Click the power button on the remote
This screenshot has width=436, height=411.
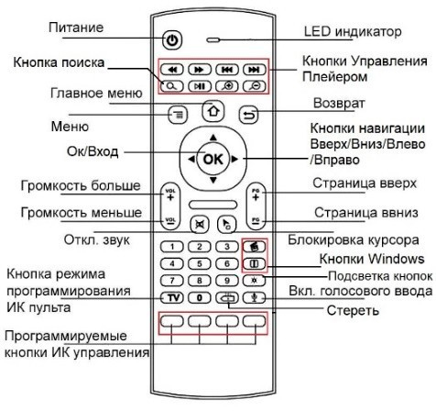tap(172, 39)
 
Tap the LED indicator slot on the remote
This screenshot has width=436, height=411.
tap(213, 39)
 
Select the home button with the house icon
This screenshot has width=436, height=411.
tap(213, 111)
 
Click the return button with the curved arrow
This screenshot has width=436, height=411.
tap(248, 115)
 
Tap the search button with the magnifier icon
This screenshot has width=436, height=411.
tap(171, 86)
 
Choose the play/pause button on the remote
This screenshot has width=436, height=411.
tap(200, 86)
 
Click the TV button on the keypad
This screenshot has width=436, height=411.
tap(172, 297)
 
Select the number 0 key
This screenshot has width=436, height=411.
tap(200, 297)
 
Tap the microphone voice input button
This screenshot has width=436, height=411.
tap(254, 297)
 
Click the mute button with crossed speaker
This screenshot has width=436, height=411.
tap(200, 225)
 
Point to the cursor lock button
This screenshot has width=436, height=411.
tap(227, 225)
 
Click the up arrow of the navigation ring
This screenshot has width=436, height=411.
tap(213, 138)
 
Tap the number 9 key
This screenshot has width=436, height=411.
tap(227, 281)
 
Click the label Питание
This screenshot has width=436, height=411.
tap(76, 28)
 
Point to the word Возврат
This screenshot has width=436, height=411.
tap(339, 103)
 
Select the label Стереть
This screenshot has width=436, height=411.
tap(353, 310)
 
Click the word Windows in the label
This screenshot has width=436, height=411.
tap(398, 259)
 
